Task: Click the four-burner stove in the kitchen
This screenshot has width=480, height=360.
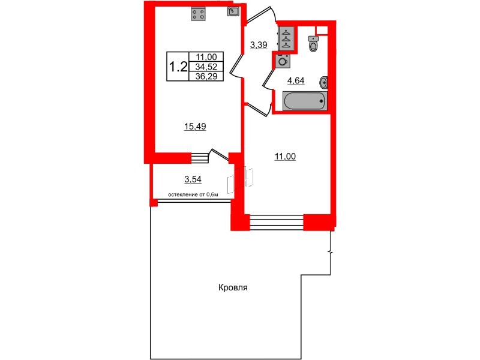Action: click(199, 14)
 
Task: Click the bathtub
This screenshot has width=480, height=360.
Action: click(305, 101)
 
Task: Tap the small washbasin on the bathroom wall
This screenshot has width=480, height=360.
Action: click(325, 82)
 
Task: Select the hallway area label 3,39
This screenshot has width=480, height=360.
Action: click(259, 44)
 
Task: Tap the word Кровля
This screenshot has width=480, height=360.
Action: click(233, 288)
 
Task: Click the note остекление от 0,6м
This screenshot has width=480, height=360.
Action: click(192, 194)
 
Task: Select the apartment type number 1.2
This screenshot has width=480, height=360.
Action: click(178, 66)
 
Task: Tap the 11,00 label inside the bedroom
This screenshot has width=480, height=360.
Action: click(285, 157)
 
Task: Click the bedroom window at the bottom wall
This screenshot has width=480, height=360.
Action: click(276, 223)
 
